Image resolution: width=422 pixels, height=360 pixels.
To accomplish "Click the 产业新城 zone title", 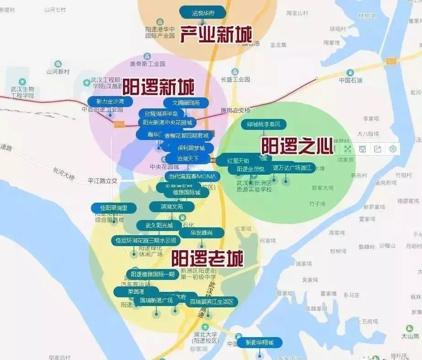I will click(216, 34).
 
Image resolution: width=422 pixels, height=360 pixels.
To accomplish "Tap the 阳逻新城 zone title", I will click(158, 86).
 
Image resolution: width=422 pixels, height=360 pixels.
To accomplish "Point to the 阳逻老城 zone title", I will click(207, 258).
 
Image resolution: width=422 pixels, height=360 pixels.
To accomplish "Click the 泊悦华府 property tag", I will click(203, 12).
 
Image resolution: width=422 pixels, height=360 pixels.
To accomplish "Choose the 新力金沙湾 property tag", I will click(110, 101).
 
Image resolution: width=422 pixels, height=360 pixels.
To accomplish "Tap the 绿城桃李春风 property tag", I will click(267, 124).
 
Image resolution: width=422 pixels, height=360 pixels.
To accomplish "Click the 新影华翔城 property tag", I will click(259, 342).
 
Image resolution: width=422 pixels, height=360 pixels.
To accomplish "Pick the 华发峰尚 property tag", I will click(202, 233).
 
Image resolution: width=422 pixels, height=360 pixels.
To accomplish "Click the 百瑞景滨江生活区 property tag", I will click(212, 302).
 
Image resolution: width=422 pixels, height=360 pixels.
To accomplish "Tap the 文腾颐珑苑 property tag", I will click(186, 103).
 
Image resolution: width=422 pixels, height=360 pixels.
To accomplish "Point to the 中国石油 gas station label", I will click(350, 80).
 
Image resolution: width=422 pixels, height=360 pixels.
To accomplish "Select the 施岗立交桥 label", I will click(235, 110).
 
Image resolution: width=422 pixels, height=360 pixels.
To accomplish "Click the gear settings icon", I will click(393, 149).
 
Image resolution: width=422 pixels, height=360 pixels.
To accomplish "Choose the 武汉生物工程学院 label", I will click(22, 92).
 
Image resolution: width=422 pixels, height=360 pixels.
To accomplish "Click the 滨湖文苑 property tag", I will click(171, 207).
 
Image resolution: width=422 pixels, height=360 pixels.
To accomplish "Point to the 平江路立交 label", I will click(103, 181).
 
